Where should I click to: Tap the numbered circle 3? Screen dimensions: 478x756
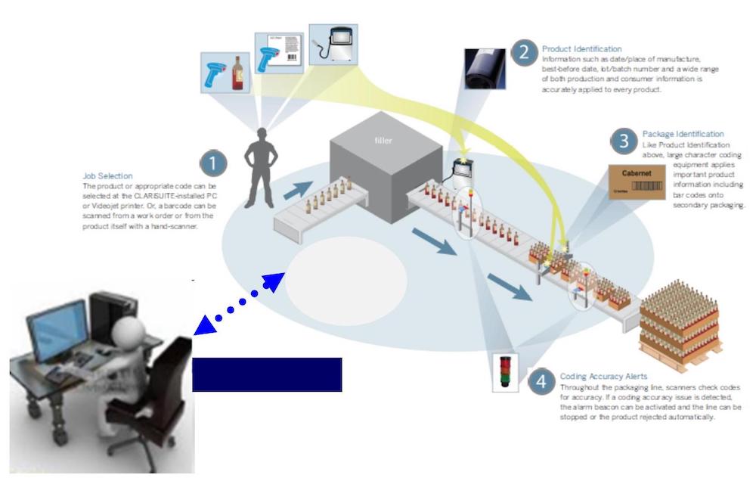tap(623, 141)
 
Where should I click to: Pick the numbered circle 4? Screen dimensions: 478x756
tap(541, 382)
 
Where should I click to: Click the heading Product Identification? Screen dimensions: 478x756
tap(581, 49)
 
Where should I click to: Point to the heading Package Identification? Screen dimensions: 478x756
tap(683, 134)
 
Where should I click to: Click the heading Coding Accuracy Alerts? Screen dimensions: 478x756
tap(603, 376)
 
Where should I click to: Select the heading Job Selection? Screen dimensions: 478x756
tap(107, 176)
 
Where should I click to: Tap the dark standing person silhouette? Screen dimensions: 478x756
tap(260, 166)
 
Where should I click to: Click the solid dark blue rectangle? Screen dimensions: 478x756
tap(267, 374)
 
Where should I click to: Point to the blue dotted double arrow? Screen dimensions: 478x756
tap(239, 302)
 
